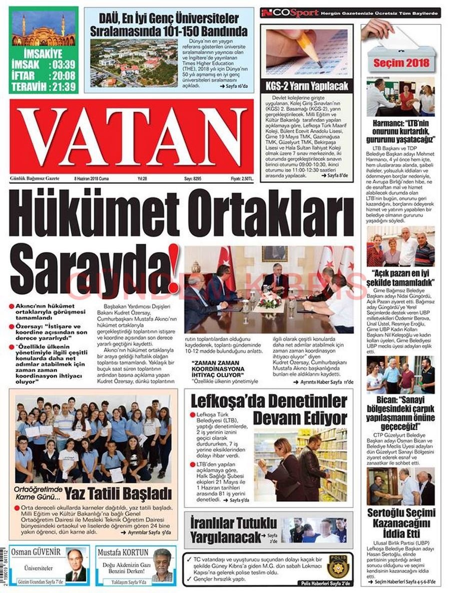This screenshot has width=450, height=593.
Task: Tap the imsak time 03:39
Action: pyautogui.click(x=62, y=64)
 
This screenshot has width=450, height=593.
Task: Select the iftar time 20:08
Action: pyautogui.click(x=62, y=75)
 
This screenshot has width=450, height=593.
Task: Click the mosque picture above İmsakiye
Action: pyautogui.click(x=43, y=30)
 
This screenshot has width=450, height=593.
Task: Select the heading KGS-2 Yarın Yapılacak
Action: pyautogui.click(x=307, y=86)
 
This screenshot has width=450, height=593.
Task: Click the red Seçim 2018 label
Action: pyautogui.click(x=400, y=63)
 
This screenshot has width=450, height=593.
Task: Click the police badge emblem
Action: pyautogui.click(x=340, y=566)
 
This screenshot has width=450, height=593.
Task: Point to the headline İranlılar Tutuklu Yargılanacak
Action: pyautogui.click(x=233, y=530)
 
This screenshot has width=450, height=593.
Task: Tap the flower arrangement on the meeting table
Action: pyautogui.click(x=269, y=300)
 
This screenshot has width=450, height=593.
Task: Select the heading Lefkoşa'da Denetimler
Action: pyautogui.click(x=269, y=401)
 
